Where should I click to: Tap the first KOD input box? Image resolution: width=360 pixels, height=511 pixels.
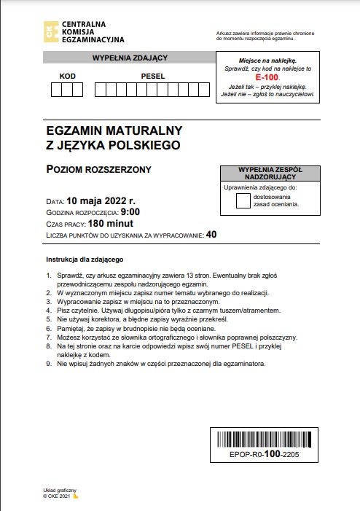point(56,90)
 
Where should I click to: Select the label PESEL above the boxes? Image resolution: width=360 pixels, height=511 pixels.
point(152,76)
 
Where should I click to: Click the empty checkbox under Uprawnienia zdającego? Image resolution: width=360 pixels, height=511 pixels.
point(243,200)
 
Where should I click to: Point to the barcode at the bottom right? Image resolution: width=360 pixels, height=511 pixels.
point(265,439)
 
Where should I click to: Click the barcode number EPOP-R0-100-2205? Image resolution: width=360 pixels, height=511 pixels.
point(265,454)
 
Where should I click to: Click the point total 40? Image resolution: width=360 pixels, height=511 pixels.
point(211,235)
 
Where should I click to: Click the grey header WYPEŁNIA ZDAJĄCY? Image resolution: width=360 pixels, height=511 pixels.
point(130,58)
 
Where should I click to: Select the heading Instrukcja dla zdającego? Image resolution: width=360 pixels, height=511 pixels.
point(85,260)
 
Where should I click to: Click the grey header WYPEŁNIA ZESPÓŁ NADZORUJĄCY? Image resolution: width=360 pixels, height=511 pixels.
point(269,173)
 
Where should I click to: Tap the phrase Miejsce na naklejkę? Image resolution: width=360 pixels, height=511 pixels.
point(267,61)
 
